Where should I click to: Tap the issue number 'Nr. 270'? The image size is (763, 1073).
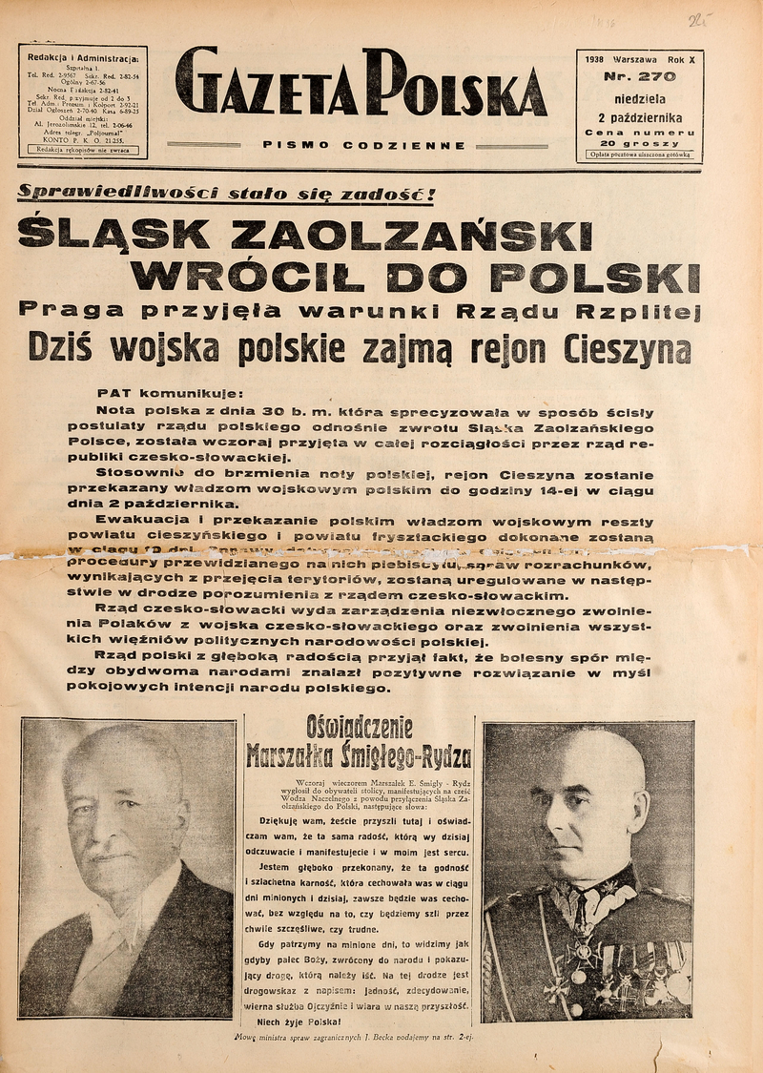640,76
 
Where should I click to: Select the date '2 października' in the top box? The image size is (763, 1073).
640,113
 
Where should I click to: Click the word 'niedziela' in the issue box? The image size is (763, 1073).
640,96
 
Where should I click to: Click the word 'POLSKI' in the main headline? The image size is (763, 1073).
604,277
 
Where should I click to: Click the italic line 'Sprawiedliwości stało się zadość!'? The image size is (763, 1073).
226,195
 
